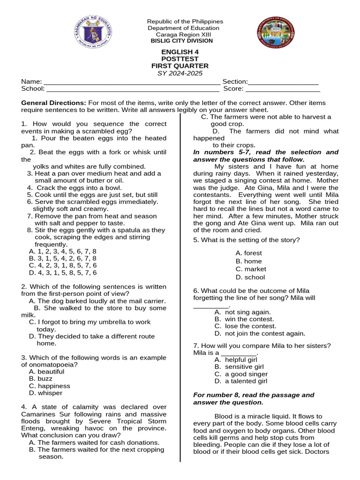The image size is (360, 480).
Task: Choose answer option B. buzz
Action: [41, 379]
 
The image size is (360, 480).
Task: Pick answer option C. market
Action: [251, 269]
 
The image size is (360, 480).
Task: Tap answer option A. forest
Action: [249, 253]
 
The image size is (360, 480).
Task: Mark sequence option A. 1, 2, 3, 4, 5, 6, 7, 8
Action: [62, 251]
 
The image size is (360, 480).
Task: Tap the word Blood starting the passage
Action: [223, 416]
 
